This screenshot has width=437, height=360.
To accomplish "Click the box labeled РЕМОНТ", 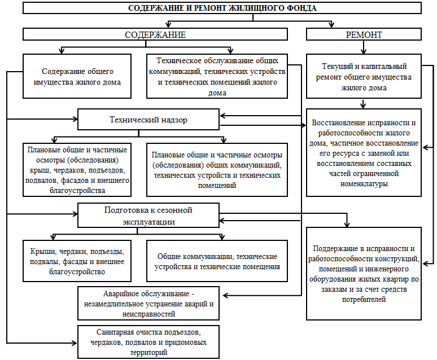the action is [x=364, y=34].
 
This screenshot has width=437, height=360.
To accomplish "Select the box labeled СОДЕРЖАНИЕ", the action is [x=155, y=34].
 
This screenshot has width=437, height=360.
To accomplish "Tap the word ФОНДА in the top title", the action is [x=301, y=8].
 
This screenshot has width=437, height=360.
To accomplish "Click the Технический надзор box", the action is [x=148, y=119].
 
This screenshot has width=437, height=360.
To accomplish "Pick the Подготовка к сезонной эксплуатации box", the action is [x=148, y=216].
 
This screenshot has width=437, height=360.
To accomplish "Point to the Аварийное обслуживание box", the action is [x=148, y=304].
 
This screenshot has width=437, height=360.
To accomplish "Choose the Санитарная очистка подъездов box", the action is [x=148, y=342].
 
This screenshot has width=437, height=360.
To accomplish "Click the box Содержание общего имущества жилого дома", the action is [x=77, y=76].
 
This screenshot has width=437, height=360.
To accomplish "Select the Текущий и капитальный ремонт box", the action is [x=364, y=76].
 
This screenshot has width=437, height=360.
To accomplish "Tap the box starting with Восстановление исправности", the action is [x=364, y=153].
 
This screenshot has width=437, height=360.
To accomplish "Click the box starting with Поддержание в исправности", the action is [x=364, y=274].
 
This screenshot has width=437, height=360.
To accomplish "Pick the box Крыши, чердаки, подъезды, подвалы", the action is [x=77, y=261].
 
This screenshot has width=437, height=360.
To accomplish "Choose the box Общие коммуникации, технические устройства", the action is [x=217, y=261].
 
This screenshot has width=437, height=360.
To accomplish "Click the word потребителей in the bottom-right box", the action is [x=364, y=299].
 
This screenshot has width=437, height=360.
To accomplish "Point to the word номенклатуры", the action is [x=364, y=183].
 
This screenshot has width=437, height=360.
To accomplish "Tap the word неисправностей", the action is [x=148, y=314].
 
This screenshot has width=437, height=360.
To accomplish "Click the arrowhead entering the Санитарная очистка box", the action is [x=75, y=343].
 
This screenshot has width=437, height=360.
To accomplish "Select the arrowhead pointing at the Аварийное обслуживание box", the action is [x=225, y=295].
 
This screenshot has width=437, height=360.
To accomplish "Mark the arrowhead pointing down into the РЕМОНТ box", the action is [x=331, y=25].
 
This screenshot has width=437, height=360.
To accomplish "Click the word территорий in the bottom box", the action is [x=148, y=353].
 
